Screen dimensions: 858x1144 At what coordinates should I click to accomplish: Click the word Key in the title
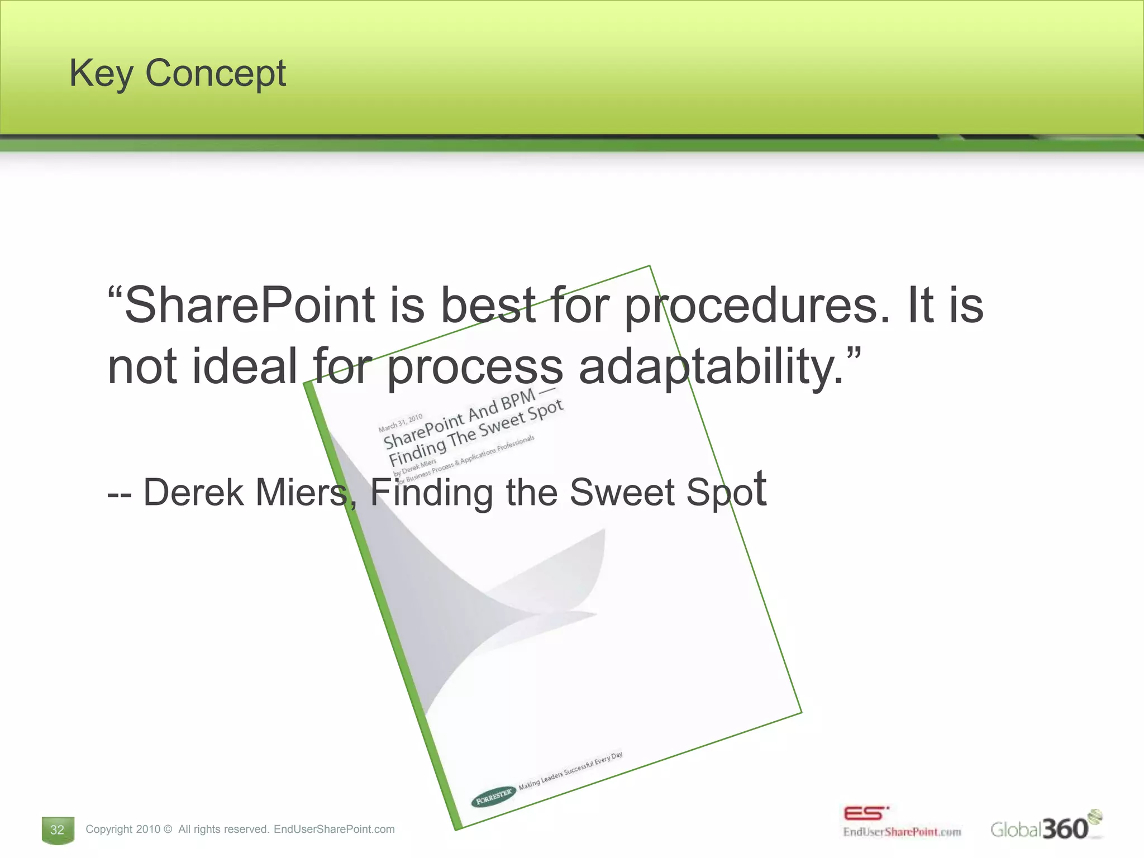tap(101, 74)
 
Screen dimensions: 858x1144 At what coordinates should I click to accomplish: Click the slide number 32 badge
tap(58, 830)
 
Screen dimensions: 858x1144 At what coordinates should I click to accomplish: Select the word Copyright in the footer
tap(109, 830)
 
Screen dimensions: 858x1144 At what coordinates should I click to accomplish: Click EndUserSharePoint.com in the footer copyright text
tap(334, 830)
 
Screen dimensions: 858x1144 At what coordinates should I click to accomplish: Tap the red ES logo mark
tap(865, 813)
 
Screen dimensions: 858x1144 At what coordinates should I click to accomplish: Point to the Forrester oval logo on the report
tap(493, 795)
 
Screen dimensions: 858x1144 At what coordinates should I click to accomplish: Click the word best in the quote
tap(487, 306)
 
